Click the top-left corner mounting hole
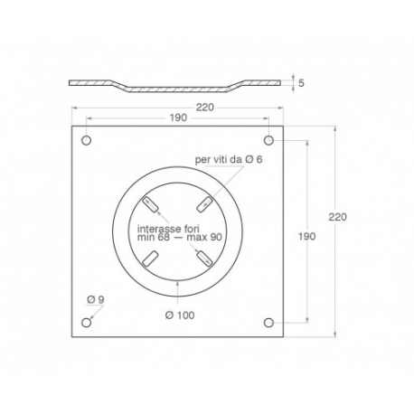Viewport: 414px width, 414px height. (x=87, y=140)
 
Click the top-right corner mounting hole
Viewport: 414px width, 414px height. (x=268, y=140)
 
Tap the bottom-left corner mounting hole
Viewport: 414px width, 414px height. (x=87, y=323)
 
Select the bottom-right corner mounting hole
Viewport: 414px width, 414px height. (x=268, y=323)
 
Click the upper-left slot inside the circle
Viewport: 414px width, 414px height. (x=150, y=204)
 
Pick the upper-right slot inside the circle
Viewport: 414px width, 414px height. (x=205, y=204)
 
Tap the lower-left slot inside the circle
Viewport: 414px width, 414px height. (x=150, y=259)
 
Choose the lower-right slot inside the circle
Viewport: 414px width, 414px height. (x=204, y=259)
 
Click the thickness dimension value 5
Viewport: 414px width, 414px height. (x=301, y=83)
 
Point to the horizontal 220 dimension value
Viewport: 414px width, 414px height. (x=205, y=108)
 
